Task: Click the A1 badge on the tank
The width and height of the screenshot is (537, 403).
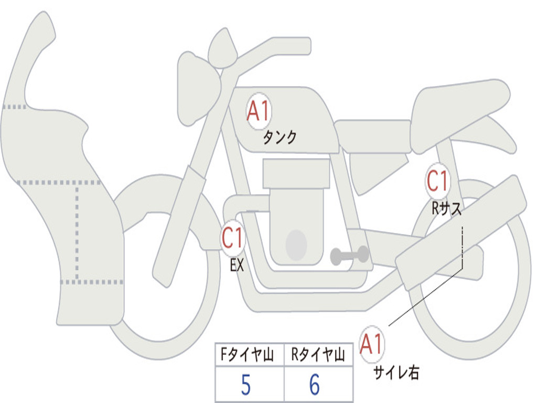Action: pos(258,111)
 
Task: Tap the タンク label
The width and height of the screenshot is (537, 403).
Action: pos(280,138)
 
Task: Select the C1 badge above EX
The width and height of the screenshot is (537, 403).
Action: pos(233,239)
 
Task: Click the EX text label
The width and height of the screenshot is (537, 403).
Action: pos(237,266)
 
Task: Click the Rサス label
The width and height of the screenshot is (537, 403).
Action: pos(446,209)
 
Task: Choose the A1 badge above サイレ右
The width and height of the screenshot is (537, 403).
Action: pos(372,345)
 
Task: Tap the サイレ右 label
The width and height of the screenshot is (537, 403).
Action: pos(396,373)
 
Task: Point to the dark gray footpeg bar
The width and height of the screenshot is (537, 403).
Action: pos(349,256)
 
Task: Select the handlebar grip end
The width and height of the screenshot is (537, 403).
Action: pos(304,46)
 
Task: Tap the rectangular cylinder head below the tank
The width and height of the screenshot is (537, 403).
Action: pos(296,173)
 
